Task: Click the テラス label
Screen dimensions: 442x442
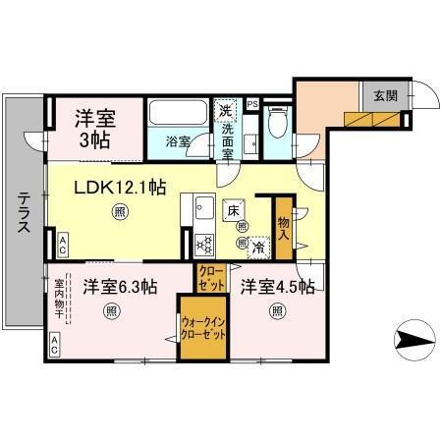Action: pos(23,210)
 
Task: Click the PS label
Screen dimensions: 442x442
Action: pos(252,103)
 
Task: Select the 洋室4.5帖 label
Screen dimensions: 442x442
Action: pos(278,287)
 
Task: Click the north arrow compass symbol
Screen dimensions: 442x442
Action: pos(414,341)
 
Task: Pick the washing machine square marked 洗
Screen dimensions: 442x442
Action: pos(227,110)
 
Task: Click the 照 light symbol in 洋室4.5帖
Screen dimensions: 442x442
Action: pos(277,313)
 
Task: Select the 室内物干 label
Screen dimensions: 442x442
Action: pos(59,300)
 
